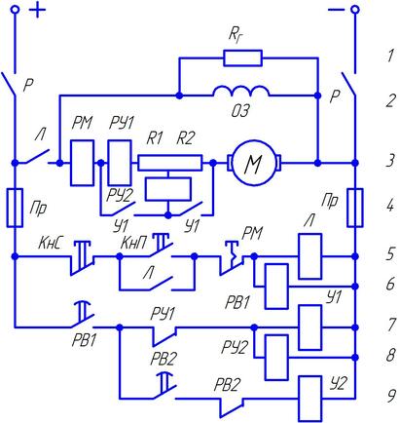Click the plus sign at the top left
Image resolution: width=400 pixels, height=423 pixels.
(x=38, y=10)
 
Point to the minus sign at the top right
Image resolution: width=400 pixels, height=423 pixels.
(x=336, y=10)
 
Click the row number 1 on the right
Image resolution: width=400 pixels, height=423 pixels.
(x=390, y=56)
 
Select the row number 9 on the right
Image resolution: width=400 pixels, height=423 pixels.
(x=391, y=396)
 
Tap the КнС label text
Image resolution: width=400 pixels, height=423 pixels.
(x=50, y=243)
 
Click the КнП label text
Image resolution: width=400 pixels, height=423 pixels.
(x=133, y=243)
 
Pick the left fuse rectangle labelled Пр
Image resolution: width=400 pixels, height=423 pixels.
(x=15, y=208)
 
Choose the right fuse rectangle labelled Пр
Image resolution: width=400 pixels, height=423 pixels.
(x=355, y=208)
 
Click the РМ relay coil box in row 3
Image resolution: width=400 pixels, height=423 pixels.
(x=83, y=163)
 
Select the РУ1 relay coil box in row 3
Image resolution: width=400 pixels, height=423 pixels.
(x=120, y=163)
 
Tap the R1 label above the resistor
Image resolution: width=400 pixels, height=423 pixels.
(x=155, y=138)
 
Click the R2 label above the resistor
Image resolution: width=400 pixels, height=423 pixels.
(x=186, y=138)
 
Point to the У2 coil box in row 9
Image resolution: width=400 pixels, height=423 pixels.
(x=310, y=399)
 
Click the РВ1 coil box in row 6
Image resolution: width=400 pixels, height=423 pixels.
(x=276, y=287)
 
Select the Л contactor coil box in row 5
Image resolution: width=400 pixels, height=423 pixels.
(x=310, y=256)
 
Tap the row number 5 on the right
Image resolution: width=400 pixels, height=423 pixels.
(x=391, y=253)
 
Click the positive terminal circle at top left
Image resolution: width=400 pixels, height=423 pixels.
(x=15, y=10)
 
